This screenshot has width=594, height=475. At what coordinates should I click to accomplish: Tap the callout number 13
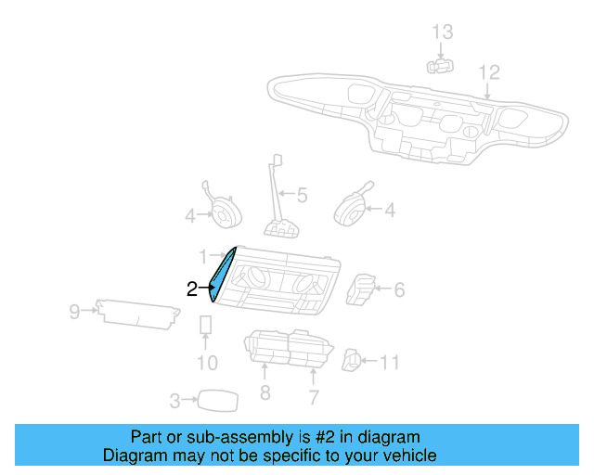point(443,32)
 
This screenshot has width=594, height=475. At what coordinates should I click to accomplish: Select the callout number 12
point(488,72)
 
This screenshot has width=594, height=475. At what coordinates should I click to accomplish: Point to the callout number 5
point(302,196)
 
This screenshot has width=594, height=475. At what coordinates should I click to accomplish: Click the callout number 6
point(399,290)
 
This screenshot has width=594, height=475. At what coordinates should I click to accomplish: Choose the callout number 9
point(74,312)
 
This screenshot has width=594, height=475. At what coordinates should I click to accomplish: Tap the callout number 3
point(174,401)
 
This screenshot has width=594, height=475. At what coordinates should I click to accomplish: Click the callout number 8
point(265,393)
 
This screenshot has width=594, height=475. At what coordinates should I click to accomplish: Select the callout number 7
point(314,398)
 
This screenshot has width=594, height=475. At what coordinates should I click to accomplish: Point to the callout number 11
point(390,362)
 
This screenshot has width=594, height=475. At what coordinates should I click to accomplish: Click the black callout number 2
point(192,289)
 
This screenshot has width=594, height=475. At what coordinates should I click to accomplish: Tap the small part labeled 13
point(439,65)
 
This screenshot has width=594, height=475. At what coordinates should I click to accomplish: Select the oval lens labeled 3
point(216,400)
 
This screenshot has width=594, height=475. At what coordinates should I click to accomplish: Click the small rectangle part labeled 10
point(206,325)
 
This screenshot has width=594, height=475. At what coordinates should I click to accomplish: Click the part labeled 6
point(361,289)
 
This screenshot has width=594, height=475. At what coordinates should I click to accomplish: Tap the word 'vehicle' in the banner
point(406,456)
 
